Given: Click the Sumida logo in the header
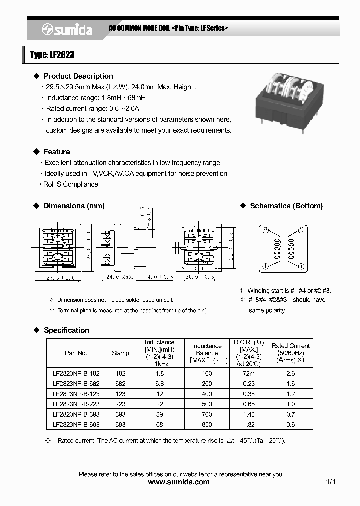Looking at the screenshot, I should coord(67,30).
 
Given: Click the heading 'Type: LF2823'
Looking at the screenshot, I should coord(52,55).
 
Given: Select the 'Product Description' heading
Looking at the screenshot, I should coord(78,76).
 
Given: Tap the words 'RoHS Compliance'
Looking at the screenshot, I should coord(70,184).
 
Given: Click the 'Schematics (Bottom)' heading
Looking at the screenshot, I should coord(286,206).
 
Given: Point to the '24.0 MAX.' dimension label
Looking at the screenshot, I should coord(119,276).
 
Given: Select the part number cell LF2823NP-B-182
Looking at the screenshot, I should coord(76,373).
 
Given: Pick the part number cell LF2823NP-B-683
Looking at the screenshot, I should coord(76,424).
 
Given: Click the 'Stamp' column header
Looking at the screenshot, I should coord(120,353).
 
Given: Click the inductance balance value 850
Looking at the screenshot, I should coord(207,424).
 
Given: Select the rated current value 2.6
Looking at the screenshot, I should coord(290,373).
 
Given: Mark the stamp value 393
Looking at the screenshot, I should coord(120,414).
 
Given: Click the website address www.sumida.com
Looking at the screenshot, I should coord(179,482).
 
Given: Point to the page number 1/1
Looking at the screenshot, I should coord(330,482).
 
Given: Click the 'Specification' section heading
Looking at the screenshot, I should coord(66,330).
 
